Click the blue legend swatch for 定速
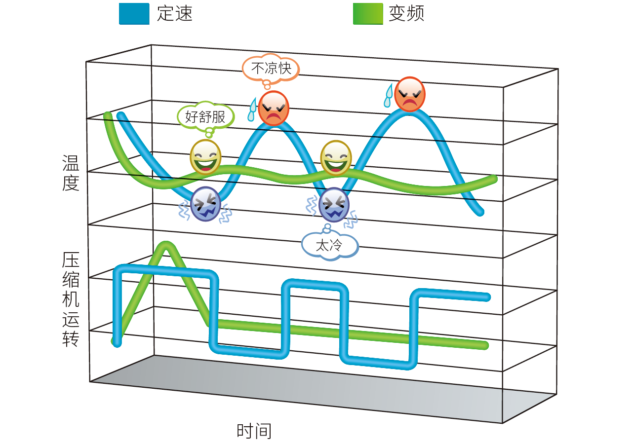[x=134, y=14]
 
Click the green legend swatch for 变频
[x=368, y=14]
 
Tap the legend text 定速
[x=174, y=14]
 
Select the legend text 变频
[x=406, y=14]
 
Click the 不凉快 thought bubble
[x=271, y=68]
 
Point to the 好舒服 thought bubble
[x=205, y=116]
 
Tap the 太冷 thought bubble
[x=329, y=244]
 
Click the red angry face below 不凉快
[x=273, y=108]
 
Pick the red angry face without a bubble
[x=409, y=94]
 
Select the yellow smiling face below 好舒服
[x=205, y=157]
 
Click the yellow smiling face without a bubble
[x=336, y=158]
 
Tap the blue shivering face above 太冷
[x=334, y=204]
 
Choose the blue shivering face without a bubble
[x=205, y=204]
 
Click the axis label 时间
[x=254, y=431]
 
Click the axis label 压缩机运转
[x=71, y=299]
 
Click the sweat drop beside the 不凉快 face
[x=253, y=110]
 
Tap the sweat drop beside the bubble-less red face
[x=389, y=95]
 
